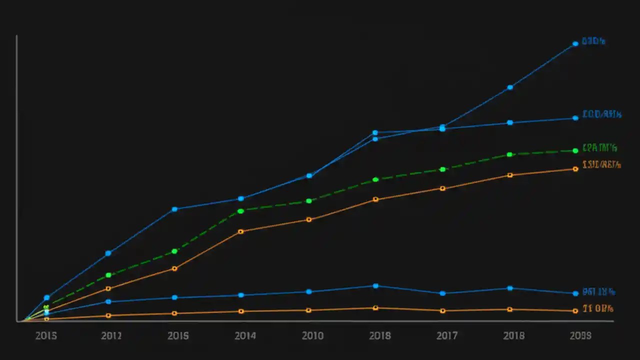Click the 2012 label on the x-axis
point(111,336)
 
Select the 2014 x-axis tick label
point(245,336)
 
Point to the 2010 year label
point(312,336)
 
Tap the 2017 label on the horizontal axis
point(446,336)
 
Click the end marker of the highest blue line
point(575,43)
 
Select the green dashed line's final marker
point(575,150)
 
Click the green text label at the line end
point(599,148)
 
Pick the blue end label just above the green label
point(601,114)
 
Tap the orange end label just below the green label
point(601,164)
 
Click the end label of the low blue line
point(598,292)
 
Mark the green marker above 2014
point(240,211)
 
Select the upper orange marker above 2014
point(240,231)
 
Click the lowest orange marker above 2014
point(240,311)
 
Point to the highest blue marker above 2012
point(108,253)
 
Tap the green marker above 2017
point(442,169)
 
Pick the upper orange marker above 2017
point(442,188)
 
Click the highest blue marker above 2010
point(309,175)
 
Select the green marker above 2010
point(309,201)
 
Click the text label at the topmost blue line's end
point(593,41)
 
